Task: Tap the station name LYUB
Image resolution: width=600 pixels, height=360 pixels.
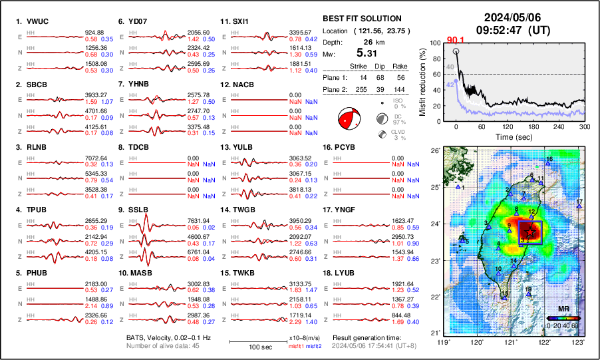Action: (x=347, y=273)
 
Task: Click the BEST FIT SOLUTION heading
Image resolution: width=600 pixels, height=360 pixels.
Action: (x=361, y=19)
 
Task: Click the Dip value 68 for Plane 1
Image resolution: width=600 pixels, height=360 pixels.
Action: (x=381, y=77)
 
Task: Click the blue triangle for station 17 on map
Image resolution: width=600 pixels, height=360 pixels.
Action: (x=579, y=206)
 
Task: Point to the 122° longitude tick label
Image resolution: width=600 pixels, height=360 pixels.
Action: (x=545, y=342)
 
